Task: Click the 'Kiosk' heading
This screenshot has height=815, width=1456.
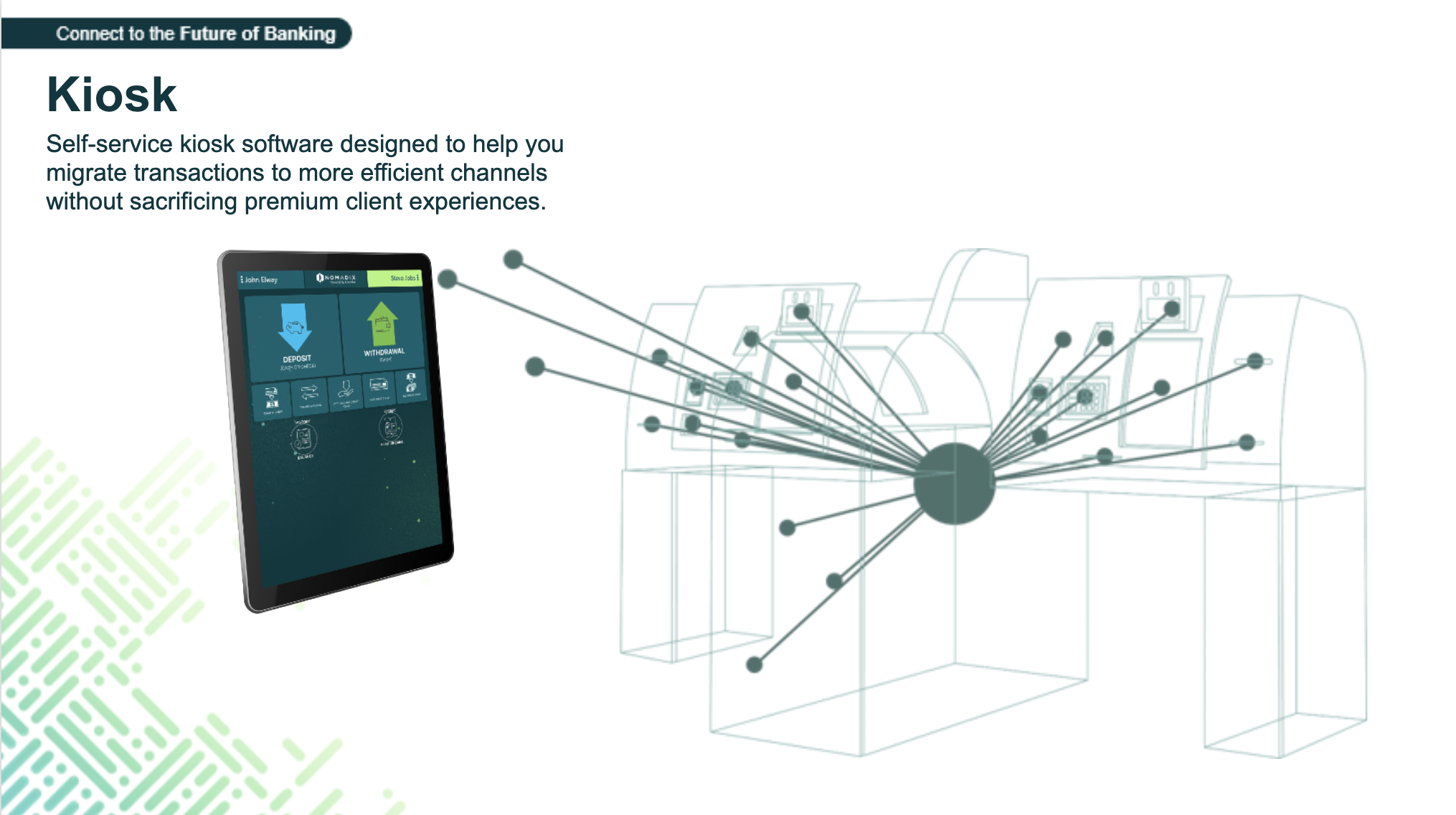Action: point(112,95)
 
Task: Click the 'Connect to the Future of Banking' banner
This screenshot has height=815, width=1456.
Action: point(195,34)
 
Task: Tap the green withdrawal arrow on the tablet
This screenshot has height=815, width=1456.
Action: point(382,323)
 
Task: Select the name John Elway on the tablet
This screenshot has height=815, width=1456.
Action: point(261,280)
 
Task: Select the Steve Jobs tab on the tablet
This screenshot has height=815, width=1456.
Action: point(403,278)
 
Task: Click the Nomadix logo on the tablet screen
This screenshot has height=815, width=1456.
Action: point(336,278)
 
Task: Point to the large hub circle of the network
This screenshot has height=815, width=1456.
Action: point(955,483)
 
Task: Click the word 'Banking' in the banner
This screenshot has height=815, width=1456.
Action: point(299,34)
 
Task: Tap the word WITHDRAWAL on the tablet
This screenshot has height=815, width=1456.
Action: point(384,352)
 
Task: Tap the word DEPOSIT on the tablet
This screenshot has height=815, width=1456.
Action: point(297,359)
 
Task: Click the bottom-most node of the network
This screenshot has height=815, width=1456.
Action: point(754,665)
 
